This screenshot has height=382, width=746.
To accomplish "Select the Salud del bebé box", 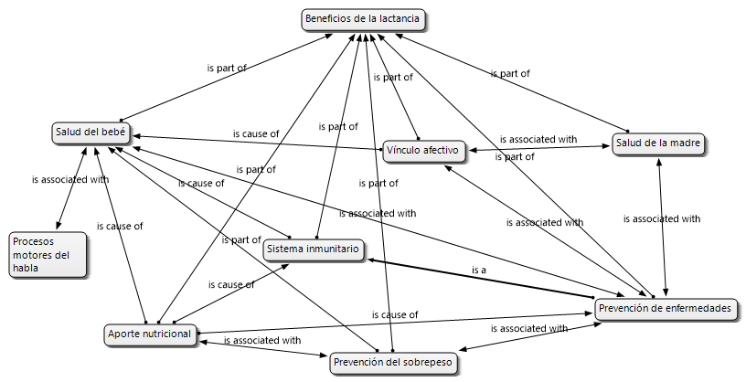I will [x=90, y=133].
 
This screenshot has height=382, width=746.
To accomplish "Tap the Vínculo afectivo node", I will [x=424, y=150].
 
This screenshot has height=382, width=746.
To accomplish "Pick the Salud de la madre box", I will [x=658, y=144].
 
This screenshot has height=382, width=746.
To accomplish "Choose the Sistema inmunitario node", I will [x=314, y=249].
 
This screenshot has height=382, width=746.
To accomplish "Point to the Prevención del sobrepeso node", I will [x=391, y=363].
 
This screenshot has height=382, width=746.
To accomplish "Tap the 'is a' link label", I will [x=478, y=271].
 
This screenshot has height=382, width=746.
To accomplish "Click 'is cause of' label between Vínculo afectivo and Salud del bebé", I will [x=256, y=134].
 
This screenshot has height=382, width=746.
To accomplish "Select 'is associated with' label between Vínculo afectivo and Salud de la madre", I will [x=538, y=140].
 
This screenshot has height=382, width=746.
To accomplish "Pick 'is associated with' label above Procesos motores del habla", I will [x=69, y=180].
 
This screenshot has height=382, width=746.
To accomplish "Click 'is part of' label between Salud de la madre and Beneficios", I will [x=509, y=73].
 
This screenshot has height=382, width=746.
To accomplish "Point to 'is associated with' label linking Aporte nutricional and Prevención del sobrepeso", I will [x=261, y=341].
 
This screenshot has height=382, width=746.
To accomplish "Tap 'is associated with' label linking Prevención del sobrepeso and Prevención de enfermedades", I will [x=529, y=328].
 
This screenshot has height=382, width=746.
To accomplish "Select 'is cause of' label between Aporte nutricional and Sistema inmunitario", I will [x=231, y=285].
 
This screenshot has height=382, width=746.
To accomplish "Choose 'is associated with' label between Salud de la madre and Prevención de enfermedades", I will [x=662, y=219].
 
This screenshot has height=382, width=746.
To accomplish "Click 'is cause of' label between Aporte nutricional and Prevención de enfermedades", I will [x=395, y=315].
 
